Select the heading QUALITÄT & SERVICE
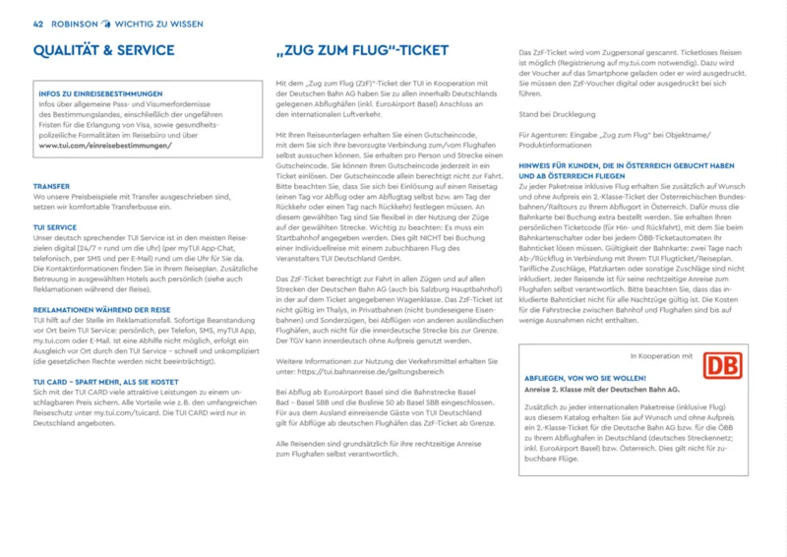point(104,49)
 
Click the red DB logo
point(722,367)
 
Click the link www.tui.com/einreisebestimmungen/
point(105,145)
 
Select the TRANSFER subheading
point(51,185)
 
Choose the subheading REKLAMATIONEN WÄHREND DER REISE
point(102,309)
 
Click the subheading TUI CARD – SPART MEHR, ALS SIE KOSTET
point(105,380)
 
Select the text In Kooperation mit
point(662,354)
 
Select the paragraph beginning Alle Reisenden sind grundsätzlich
point(358,450)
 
